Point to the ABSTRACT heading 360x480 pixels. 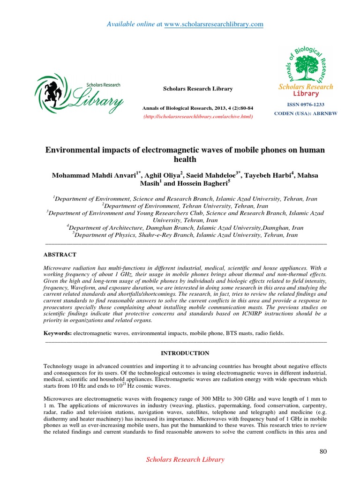pos(60,254)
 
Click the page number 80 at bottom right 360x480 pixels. pos(322,451)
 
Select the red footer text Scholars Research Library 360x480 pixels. pos(186,460)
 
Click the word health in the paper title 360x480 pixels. pos(185,159)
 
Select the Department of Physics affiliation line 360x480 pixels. pos(185,235)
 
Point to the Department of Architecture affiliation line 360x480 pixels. pos(185,227)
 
